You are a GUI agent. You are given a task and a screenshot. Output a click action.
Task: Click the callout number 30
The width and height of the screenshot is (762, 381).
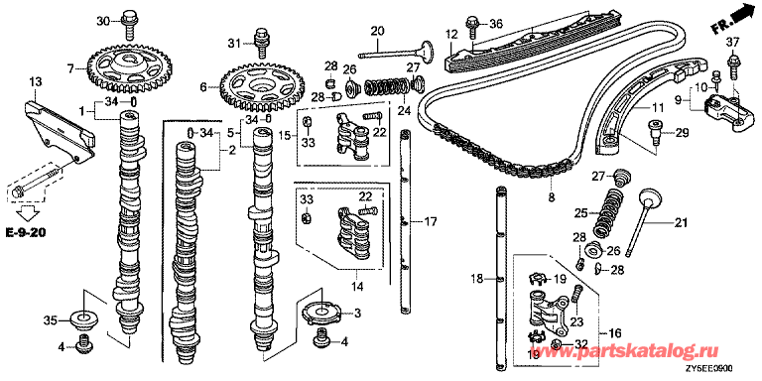pyautogui.click(x=103, y=21)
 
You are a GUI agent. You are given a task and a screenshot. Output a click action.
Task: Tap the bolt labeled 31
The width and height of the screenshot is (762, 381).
pyautogui.click(x=262, y=41)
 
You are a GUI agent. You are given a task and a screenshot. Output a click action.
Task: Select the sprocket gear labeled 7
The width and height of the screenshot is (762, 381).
pyautogui.click(x=124, y=67)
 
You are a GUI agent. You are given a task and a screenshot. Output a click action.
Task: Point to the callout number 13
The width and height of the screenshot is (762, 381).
pyautogui.click(x=37, y=80)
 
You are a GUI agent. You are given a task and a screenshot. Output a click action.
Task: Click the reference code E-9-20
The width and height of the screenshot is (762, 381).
pyautogui.click(x=26, y=234)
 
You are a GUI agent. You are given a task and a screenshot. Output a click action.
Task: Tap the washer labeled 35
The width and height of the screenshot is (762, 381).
pyautogui.click(x=83, y=319)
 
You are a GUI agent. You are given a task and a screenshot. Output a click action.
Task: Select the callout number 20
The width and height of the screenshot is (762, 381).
pyautogui.click(x=377, y=31)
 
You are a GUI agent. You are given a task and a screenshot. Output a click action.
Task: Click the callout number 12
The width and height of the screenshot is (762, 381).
pyautogui.click(x=451, y=35)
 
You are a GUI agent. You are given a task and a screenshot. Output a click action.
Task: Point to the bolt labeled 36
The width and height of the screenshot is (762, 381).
pyautogui.click(x=472, y=27)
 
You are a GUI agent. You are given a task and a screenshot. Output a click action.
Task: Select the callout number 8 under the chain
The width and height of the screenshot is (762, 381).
pyautogui.click(x=552, y=198)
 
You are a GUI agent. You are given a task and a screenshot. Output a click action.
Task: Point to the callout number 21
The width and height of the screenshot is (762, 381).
pyautogui.click(x=681, y=223)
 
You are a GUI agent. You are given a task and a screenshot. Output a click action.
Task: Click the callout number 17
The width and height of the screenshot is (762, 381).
pyautogui.click(x=430, y=222)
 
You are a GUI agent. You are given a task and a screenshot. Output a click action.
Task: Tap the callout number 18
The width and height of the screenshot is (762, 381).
pyautogui.click(x=477, y=278)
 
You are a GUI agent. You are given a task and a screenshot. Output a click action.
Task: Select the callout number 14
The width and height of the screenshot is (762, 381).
pyautogui.click(x=357, y=287)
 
